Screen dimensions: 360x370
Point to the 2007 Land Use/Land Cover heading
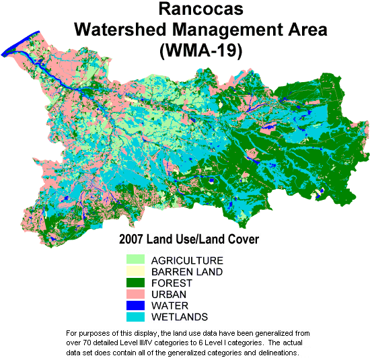[188, 239]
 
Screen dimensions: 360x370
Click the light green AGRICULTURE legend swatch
[137, 260]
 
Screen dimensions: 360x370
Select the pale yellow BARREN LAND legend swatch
[137, 271]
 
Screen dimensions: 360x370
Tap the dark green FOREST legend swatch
[137, 283]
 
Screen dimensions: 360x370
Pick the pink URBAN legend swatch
[137, 294]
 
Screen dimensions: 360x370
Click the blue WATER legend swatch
[137, 305]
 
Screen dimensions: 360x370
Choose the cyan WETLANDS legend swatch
[137, 317]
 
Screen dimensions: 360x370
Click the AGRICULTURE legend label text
[187, 260]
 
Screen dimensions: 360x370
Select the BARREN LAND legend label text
[186, 272]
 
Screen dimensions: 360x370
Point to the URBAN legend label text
[168, 295]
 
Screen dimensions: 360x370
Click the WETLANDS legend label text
[180, 318]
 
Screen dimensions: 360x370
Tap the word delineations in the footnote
[271, 352]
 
